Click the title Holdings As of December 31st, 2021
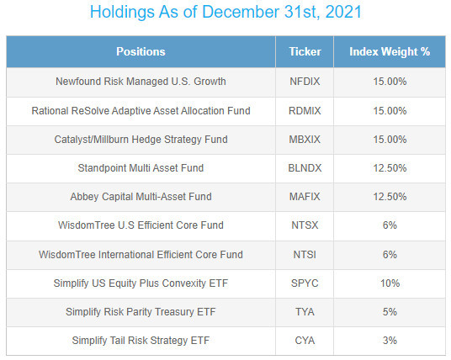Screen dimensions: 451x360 (x=225, y=12)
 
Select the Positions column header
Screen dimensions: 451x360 (x=141, y=52)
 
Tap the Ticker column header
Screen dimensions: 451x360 (x=305, y=52)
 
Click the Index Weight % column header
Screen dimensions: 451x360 (x=390, y=52)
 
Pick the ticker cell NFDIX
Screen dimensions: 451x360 (x=305, y=82)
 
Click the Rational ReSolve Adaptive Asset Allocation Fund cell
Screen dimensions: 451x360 (x=141, y=111)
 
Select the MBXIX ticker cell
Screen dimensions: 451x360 (x=305, y=140)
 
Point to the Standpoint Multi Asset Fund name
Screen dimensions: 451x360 (x=141, y=168)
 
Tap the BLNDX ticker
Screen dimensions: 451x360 (x=305, y=168)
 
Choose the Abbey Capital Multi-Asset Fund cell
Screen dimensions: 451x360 (x=141, y=197)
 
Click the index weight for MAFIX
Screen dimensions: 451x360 (x=390, y=197)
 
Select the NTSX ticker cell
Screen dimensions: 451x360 (x=305, y=225)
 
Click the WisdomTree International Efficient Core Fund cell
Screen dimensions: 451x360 (x=141, y=255)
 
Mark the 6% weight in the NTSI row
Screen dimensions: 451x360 (x=390, y=255)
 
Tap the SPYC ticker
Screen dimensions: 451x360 (x=305, y=283)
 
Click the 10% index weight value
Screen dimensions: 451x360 (x=390, y=283)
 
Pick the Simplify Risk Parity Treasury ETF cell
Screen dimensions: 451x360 (x=141, y=312)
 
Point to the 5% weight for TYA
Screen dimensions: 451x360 (x=390, y=312)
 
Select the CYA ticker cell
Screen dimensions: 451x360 (x=305, y=341)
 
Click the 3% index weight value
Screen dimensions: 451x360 (x=390, y=341)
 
